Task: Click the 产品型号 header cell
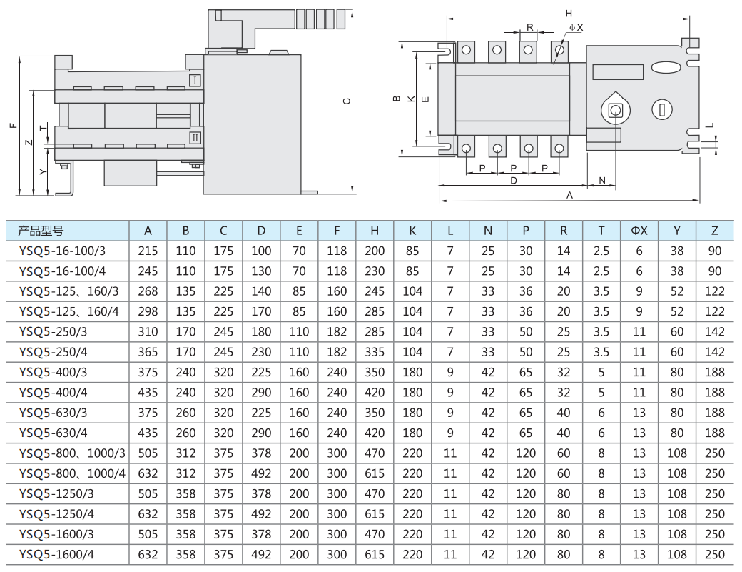pos(41,231)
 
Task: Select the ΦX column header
pos(639,231)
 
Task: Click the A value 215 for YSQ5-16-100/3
pos(148,251)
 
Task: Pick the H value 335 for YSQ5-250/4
pos(375,352)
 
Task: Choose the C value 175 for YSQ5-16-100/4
pos(223,271)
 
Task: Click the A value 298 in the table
pos(148,311)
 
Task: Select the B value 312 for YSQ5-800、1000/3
pos(185,453)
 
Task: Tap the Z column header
pos(715,231)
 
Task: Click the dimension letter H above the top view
pos(569,14)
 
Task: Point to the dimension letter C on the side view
pos(347,101)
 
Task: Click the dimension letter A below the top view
pos(569,194)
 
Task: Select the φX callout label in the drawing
pos(576,27)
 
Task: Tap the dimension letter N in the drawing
pos(601,180)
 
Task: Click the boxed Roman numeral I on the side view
pos(195,80)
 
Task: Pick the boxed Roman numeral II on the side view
pos(195,137)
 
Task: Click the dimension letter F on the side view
pos(12,126)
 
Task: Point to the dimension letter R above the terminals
pos(530,27)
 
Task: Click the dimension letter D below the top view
pos(513,181)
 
